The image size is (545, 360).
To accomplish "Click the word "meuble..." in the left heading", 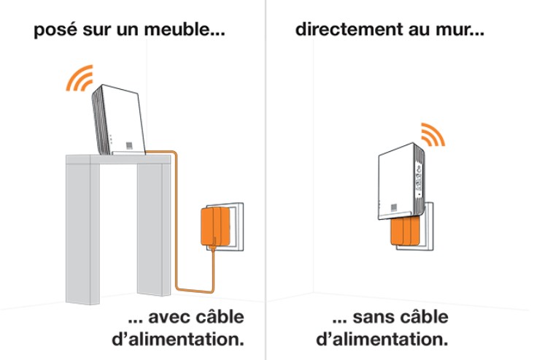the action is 185,29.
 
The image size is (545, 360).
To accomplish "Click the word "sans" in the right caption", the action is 374,318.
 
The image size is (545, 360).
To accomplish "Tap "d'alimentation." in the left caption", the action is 177,339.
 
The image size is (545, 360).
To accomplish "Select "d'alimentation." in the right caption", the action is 382,339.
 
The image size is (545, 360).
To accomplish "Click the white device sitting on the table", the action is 118,120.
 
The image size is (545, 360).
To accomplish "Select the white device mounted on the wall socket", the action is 401,181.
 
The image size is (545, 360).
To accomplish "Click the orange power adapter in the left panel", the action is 215,226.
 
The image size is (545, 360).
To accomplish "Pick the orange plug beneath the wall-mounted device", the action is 405,231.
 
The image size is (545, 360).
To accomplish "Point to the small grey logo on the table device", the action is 129,145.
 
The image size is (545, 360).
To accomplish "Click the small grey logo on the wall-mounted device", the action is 394,207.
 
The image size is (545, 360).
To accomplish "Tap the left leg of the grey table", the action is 82,231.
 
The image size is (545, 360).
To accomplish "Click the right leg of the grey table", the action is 154,229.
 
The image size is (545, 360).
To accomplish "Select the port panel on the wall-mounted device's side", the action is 419,179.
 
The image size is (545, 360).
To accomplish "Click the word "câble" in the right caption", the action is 425,317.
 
